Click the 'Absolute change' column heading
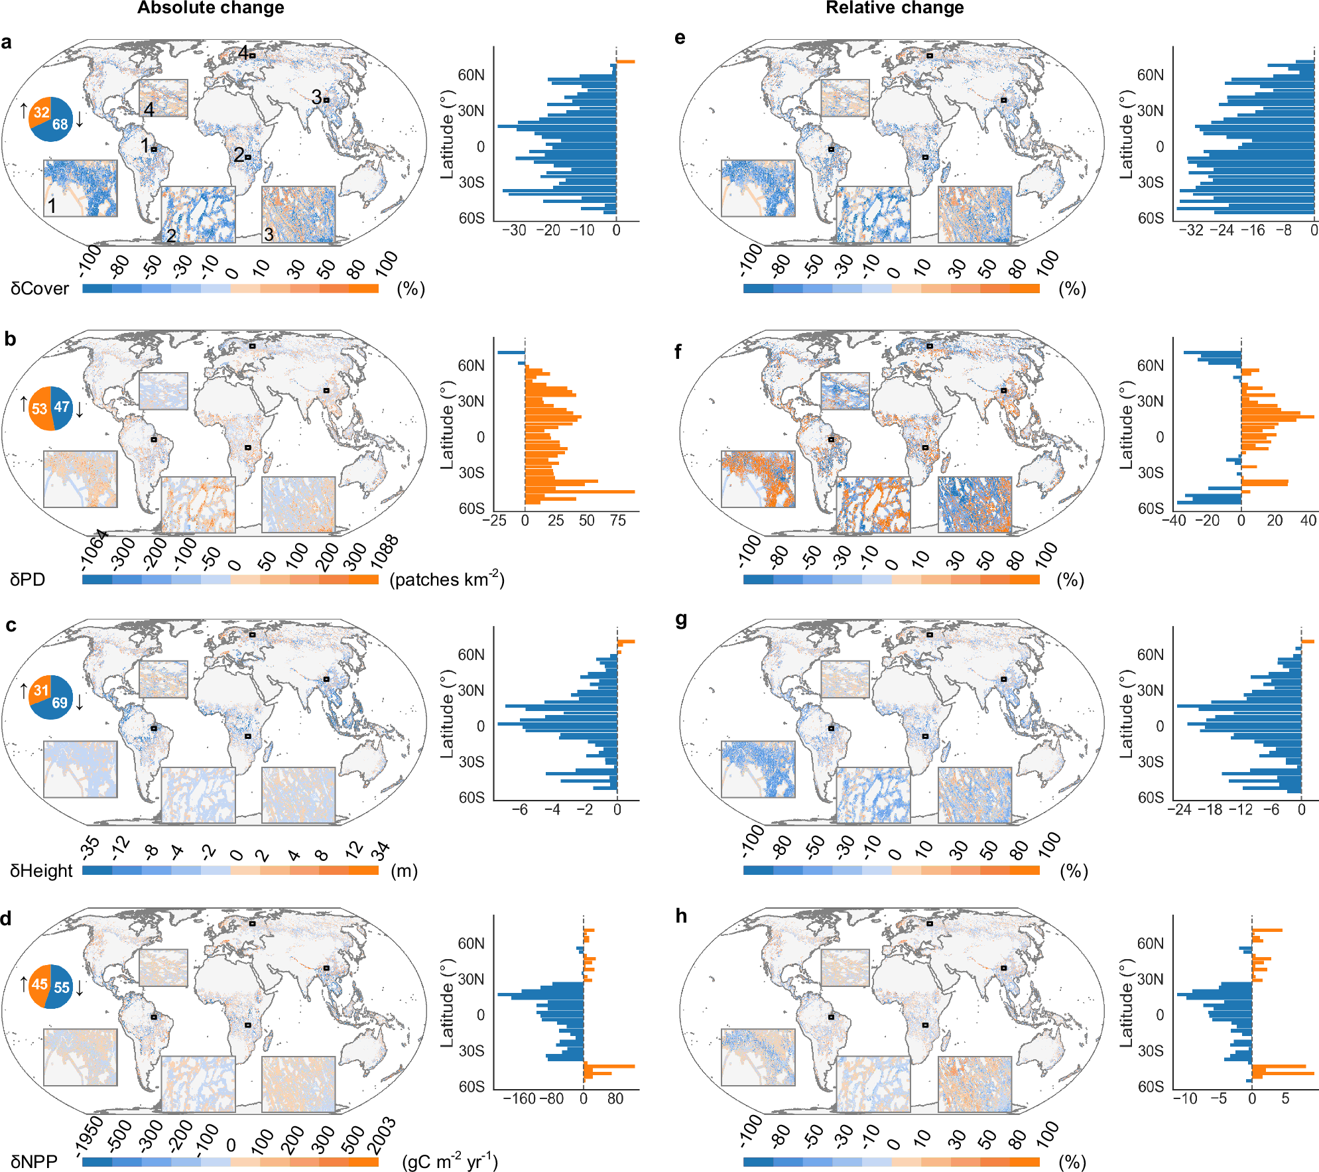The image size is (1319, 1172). [210, 8]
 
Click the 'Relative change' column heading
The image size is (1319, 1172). [894, 8]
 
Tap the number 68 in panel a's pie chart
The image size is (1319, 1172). [60, 124]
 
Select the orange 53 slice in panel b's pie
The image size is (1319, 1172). [40, 408]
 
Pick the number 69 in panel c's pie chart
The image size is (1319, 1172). [60, 702]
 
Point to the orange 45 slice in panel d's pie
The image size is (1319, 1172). [40, 984]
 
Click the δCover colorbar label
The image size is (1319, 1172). [40, 289]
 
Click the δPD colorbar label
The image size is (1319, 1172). [28, 580]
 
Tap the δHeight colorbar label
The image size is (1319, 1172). [41, 871]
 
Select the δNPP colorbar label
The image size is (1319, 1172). [34, 1162]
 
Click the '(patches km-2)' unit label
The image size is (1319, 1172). [446, 580]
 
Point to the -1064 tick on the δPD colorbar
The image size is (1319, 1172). [94, 550]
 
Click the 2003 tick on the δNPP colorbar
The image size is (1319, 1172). [382, 1135]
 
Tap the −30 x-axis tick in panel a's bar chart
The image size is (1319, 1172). [514, 230]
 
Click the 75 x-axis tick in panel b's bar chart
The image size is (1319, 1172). [617, 521]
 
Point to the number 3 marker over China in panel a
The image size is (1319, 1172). [316, 97]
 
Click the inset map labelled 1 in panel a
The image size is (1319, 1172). [80, 188]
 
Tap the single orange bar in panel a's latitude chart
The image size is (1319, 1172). [625, 62]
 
